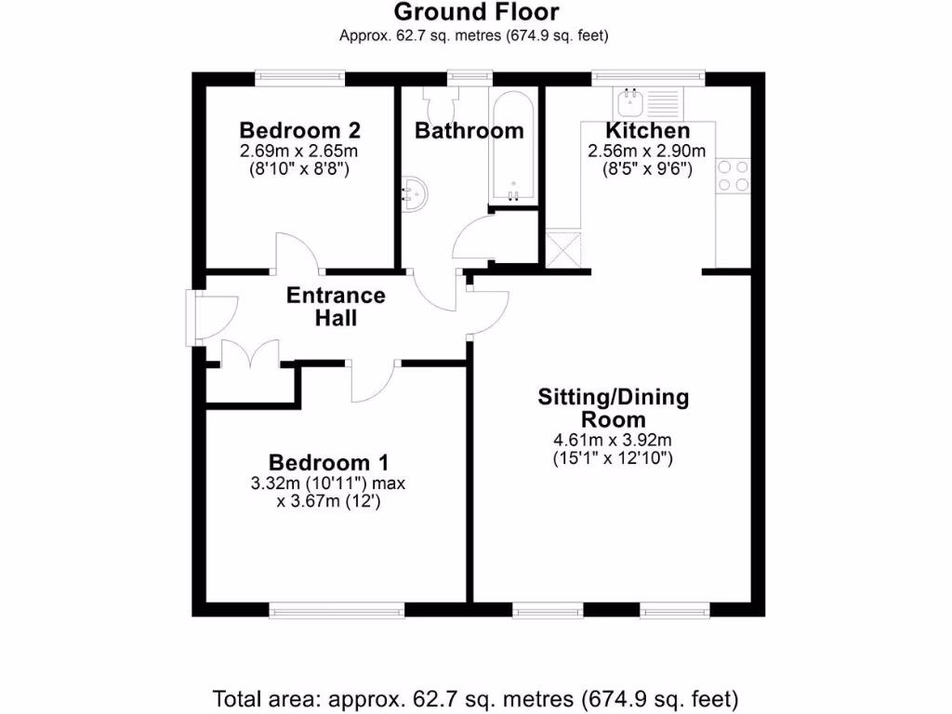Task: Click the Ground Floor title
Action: [476, 12]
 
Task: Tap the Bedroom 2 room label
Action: [299, 130]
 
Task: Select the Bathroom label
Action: [469, 131]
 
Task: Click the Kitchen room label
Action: [647, 131]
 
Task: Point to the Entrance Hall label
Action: [336, 307]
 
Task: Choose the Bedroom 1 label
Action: [328, 462]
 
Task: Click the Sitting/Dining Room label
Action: [614, 407]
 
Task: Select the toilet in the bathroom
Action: [436, 99]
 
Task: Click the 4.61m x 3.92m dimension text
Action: [614, 440]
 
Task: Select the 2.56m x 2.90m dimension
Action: [646, 152]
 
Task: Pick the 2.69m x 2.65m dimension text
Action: [299, 152]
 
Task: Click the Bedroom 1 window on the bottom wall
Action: [337, 611]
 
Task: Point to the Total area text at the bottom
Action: [476, 697]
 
